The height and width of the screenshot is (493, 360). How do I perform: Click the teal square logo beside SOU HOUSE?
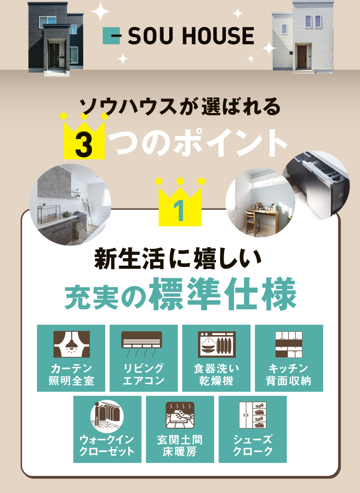tap(112, 36)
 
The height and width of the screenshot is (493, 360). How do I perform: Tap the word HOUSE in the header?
tap(218, 36)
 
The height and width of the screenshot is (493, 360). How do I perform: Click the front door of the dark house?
tap(54, 55)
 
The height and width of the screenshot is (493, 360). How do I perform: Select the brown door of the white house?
tap(302, 57)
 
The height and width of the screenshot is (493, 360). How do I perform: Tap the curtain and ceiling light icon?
tap(71, 344)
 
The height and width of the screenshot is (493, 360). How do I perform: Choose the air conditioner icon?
tap(142, 344)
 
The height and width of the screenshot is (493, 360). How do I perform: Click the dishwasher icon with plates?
tap(217, 344)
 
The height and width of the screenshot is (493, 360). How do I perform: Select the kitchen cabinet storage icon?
tap(289, 344)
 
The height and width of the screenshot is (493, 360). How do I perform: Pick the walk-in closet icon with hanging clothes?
tap(107, 415)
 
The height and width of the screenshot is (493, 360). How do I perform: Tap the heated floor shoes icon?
tap(180, 415)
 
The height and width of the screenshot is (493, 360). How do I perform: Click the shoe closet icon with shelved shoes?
tap(252, 415)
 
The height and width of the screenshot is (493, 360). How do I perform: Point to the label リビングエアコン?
tap(144, 374)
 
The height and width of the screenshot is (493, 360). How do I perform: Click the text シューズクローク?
tap(252, 445)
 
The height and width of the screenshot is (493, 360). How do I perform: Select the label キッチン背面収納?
tap(289, 374)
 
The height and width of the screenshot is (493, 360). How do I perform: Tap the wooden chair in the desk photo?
tap(252, 222)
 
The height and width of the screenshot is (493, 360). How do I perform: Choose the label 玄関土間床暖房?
tap(180, 445)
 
